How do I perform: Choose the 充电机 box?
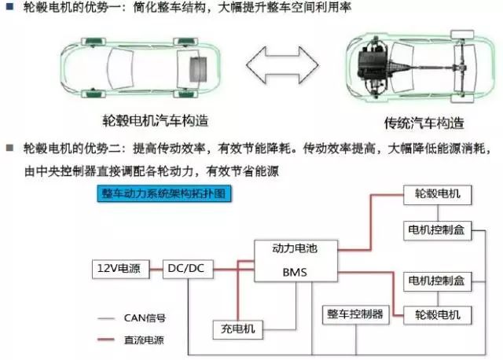tap(237, 328)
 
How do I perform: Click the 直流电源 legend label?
tap(145, 340)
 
